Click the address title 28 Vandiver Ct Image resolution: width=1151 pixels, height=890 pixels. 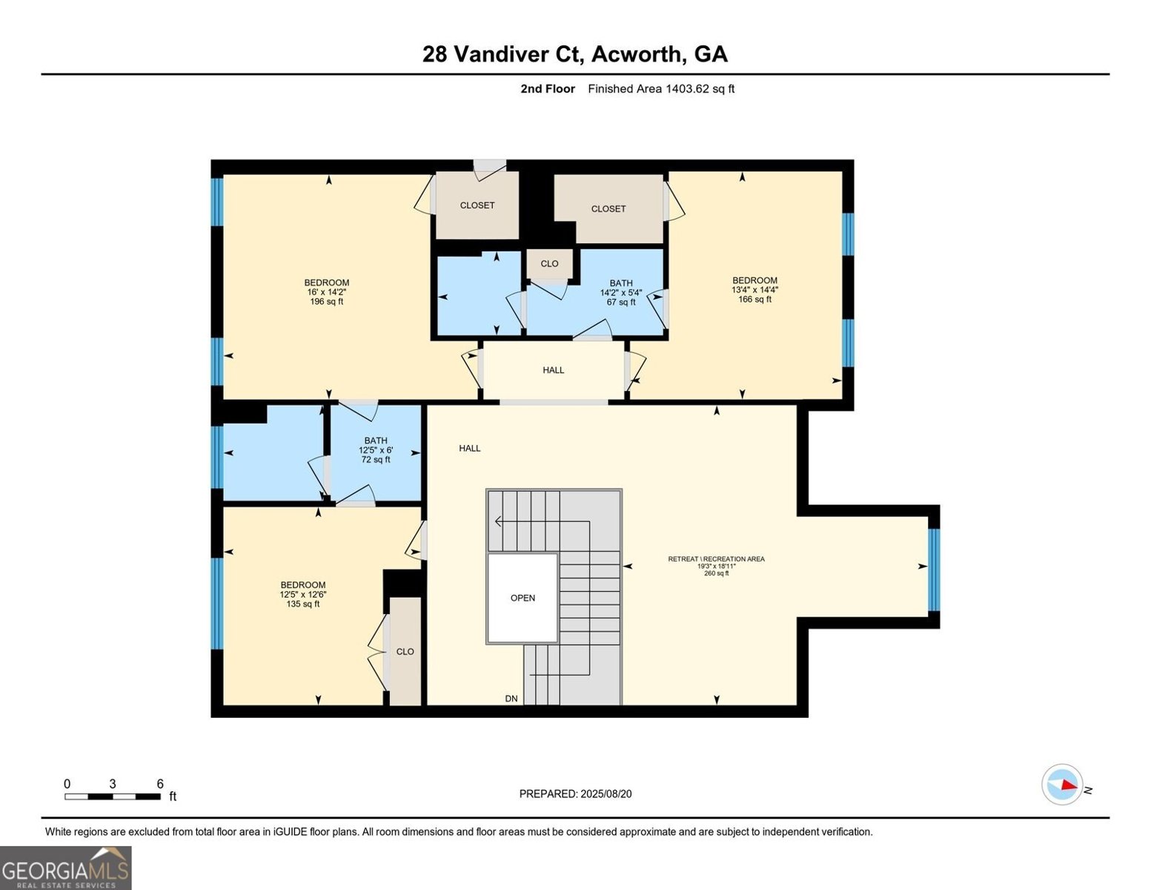pyautogui.click(x=575, y=54)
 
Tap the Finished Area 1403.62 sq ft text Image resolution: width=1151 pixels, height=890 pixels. pyautogui.click(x=661, y=89)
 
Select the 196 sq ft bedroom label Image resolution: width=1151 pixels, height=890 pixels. pyautogui.click(x=326, y=292)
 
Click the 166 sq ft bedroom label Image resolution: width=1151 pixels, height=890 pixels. pyautogui.click(x=754, y=290)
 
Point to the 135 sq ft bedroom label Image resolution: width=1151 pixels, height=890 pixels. pyautogui.click(x=302, y=594)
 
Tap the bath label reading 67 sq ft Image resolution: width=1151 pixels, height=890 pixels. pyautogui.click(x=621, y=292)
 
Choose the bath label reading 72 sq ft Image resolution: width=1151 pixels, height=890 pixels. pyautogui.click(x=376, y=450)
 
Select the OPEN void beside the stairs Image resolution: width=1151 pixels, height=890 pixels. pyautogui.click(x=523, y=598)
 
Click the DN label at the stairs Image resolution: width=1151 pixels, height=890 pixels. pyautogui.click(x=511, y=699)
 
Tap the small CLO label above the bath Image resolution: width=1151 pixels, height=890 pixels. pyautogui.click(x=549, y=264)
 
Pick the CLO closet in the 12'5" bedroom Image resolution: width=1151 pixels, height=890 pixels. pyautogui.click(x=405, y=652)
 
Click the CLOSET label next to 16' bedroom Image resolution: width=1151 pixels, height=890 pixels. pyautogui.click(x=477, y=205)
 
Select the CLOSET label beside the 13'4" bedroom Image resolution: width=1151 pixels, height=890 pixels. pyautogui.click(x=608, y=209)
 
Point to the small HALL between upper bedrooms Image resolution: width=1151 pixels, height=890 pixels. pyautogui.click(x=553, y=370)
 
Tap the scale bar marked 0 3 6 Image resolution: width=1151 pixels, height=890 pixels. pyautogui.click(x=113, y=796)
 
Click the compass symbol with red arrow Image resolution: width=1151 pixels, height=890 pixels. pyautogui.click(x=1062, y=784)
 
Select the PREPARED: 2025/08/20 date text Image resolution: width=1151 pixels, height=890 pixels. pyautogui.click(x=575, y=794)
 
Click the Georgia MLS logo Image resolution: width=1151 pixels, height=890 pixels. pyautogui.click(x=66, y=868)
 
